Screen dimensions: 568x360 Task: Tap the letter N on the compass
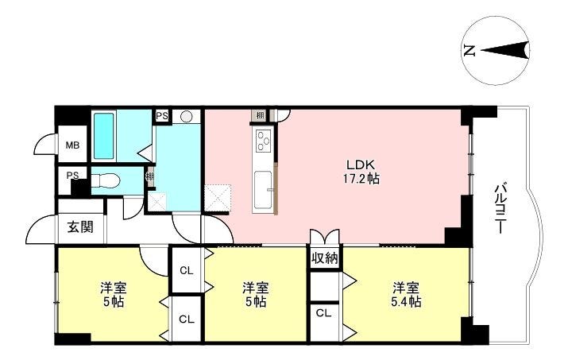click(x=469, y=50)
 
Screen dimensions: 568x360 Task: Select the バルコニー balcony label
click(x=500, y=208)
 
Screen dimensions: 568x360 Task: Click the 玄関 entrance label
click(x=80, y=227)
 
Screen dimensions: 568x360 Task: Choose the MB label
click(x=72, y=145)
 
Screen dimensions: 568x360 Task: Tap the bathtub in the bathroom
click(x=104, y=136)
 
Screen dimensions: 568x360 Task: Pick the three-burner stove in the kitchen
click(x=264, y=141)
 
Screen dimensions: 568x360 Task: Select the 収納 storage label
click(x=325, y=257)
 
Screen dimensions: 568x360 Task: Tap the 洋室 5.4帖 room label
click(x=406, y=294)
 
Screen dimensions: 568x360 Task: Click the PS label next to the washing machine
click(x=162, y=116)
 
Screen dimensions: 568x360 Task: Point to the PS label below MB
click(x=72, y=176)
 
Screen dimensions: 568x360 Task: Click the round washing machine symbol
click(x=186, y=116)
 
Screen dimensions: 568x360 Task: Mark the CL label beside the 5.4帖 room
click(x=323, y=313)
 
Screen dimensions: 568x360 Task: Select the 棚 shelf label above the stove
click(x=260, y=116)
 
